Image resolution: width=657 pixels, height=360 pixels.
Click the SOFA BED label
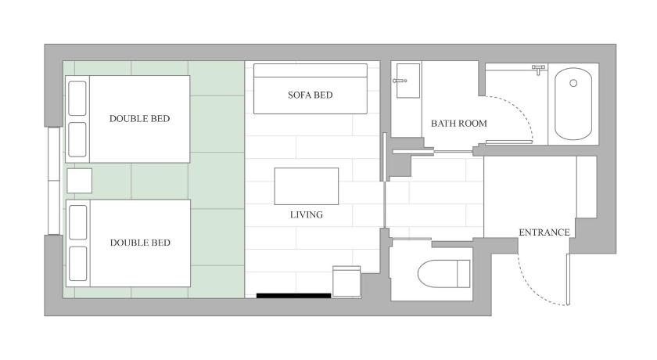[x=310, y=95]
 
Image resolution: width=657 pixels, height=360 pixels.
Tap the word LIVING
[x=307, y=214]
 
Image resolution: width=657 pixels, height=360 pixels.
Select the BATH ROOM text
[x=459, y=123]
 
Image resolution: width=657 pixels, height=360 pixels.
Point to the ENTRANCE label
[x=544, y=232]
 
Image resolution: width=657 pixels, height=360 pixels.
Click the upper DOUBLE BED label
[x=139, y=119]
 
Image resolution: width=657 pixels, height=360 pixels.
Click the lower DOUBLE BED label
[x=140, y=243]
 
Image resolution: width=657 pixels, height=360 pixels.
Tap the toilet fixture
[x=443, y=274]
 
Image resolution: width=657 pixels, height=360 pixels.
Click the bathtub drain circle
[x=573, y=83]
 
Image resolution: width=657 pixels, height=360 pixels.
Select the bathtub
[x=573, y=104]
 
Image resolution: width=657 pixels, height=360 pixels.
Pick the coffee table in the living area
[x=307, y=186]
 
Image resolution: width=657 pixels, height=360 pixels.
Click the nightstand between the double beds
[x=79, y=181]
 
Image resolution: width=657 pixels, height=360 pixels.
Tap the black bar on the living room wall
[x=294, y=296]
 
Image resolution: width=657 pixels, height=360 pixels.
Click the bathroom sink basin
[x=407, y=81]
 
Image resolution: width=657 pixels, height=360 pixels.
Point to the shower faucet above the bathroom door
[x=538, y=69]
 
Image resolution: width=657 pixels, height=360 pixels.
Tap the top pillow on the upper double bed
[x=77, y=98]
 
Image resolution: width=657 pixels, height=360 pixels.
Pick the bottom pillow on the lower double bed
[x=78, y=264]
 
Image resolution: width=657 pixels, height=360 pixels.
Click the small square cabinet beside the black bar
[x=346, y=281]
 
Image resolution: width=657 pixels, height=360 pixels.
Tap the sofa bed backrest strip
[x=310, y=70]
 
